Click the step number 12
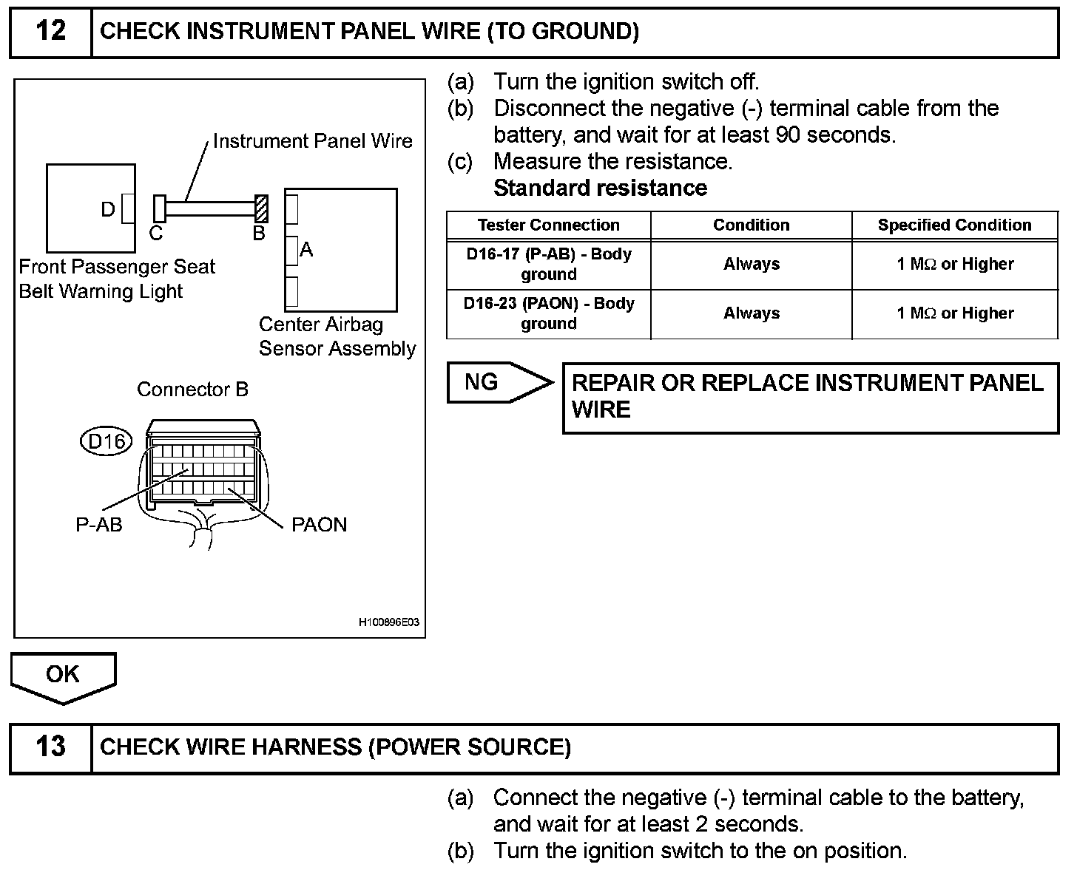[x=50, y=32]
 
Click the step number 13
[x=50, y=747]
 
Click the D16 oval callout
[x=105, y=441]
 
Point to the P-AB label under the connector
[x=99, y=525]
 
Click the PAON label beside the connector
[x=319, y=525]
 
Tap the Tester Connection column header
[x=548, y=225]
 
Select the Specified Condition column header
[x=954, y=225]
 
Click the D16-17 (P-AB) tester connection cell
[x=548, y=264]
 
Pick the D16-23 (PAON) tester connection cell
[x=548, y=313]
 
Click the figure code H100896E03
[x=389, y=622]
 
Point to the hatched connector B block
[x=261, y=208]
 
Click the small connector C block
[x=159, y=208]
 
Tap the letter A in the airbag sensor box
[x=306, y=251]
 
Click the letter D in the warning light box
[x=108, y=210]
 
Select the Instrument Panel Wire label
[x=312, y=141]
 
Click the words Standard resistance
[x=600, y=188]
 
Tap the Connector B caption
[x=192, y=390]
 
